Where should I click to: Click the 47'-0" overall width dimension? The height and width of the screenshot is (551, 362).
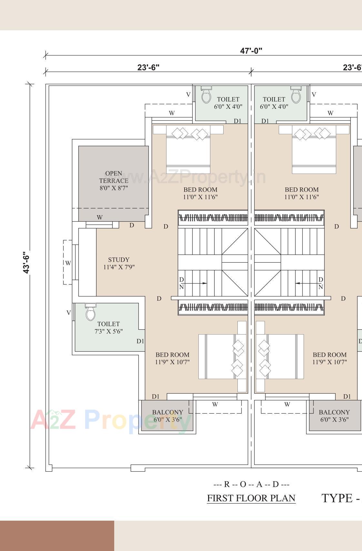click(x=251, y=51)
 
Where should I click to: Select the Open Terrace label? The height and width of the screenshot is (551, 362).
click(x=114, y=180)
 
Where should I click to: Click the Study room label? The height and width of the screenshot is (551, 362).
click(x=119, y=263)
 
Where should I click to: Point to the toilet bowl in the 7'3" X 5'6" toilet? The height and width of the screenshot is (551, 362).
click(x=91, y=312)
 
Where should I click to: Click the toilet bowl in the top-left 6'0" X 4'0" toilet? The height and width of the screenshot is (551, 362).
click(x=206, y=95)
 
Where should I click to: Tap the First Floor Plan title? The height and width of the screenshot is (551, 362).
click(x=251, y=498)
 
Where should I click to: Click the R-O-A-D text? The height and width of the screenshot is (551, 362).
click(x=251, y=484)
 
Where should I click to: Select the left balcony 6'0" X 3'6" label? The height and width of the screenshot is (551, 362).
click(x=167, y=416)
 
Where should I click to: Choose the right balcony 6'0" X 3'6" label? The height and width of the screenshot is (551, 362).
click(x=334, y=416)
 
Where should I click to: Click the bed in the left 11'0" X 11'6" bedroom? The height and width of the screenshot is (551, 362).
click(x=188, y=150)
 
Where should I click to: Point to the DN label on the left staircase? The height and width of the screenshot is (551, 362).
click(x=181, y=283)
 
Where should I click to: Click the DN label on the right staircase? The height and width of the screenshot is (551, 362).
click(x=320, y=283)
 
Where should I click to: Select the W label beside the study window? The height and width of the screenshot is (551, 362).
click(x=68, y=263)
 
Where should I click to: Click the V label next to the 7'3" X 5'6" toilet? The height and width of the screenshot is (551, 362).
click(x=68, y=313)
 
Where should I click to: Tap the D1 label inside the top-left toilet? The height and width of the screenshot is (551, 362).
click(x=237, y=121)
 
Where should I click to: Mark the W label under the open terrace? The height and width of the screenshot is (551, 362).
click(x=100, y=217)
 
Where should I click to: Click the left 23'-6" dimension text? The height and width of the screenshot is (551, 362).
click(x=148, y=67)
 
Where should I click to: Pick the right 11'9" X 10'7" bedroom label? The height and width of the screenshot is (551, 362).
click(x=329, y=358)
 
